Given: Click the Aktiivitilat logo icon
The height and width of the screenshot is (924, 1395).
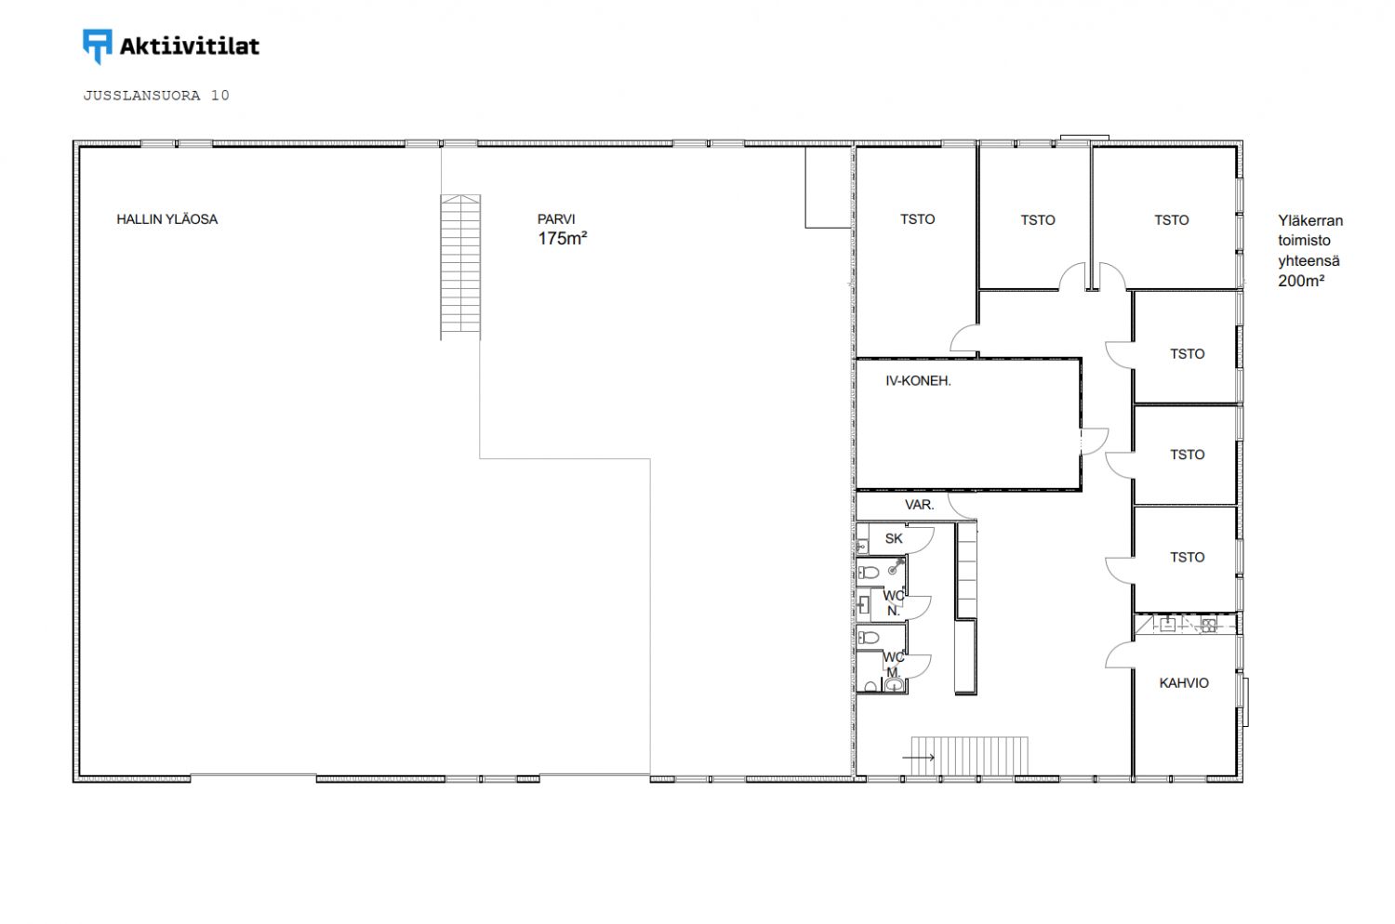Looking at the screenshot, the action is click(97, 46).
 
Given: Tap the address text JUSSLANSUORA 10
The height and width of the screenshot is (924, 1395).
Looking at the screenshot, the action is click(156, 95).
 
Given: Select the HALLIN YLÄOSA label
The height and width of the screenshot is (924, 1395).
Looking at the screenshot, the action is click(166, 219).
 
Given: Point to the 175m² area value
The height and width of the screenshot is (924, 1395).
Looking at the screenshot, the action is click(563, 239).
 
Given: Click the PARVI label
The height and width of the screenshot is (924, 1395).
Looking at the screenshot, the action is click(556, 219).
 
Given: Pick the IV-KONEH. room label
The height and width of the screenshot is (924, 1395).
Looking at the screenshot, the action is click(918, 381).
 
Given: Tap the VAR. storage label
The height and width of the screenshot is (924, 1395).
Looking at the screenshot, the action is click(919, 505).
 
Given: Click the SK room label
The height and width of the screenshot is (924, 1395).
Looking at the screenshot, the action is click(894, 538).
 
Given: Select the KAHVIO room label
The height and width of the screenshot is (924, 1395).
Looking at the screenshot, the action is click(1184, 683).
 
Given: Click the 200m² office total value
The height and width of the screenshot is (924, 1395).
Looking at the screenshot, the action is click(1301, 281).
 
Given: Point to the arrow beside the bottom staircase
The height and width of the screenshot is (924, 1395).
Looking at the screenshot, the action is click(919, 757).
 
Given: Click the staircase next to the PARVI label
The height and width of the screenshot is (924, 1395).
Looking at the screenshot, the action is click(460, 267).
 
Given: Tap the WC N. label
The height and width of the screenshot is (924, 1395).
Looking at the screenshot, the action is click(894, 603).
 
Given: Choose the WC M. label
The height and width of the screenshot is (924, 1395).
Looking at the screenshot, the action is click(894, 665).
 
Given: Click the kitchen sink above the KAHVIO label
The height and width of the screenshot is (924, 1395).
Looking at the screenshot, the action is click(1168, 625).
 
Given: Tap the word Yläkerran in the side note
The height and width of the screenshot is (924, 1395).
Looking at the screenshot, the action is click(1310, 220).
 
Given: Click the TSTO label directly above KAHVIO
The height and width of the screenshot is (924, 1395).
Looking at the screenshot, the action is click(1187, 557).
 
